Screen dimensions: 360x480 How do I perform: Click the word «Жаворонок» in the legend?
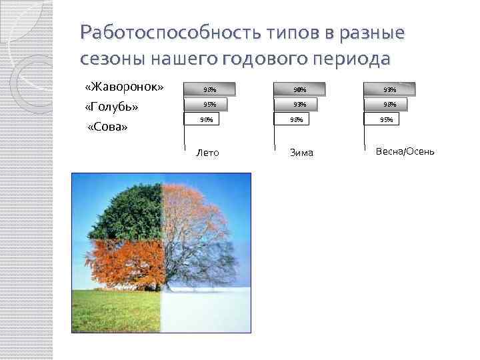point(124,88)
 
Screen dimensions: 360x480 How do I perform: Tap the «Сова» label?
point(107,127)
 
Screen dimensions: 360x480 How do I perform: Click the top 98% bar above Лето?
point(209,89)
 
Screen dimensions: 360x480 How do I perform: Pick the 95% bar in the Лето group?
point(207,104)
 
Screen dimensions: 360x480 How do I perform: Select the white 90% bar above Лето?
point(206,120)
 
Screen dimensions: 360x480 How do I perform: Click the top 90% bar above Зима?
point(299,89)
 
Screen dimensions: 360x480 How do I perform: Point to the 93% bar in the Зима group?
point(299,104)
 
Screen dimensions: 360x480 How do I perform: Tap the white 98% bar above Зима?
point(297,120)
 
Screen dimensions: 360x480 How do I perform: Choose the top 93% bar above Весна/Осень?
point(389,89)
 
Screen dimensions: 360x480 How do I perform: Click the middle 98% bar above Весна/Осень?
point(386,104)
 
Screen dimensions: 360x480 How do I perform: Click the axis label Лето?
point(207,153)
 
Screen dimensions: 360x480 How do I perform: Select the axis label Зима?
point(301,153)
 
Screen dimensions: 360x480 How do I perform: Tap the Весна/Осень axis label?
point(405,151)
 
